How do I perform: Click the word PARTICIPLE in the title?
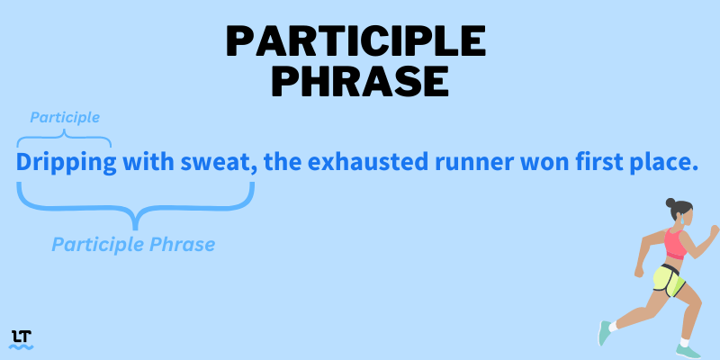[355, 41]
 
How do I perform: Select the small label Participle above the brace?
[65, 118]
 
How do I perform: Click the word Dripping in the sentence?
[66, 162]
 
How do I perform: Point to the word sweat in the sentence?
[216, 162]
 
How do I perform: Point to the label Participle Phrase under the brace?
[133, 244]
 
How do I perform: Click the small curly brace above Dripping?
[64, 137]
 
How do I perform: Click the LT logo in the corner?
[21, 340]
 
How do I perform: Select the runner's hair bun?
[670, 202]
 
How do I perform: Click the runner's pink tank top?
[676, 244]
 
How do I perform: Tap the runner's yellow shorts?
[669, 280]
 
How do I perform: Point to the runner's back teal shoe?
[604, 333]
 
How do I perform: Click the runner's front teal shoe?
[688, 352]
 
